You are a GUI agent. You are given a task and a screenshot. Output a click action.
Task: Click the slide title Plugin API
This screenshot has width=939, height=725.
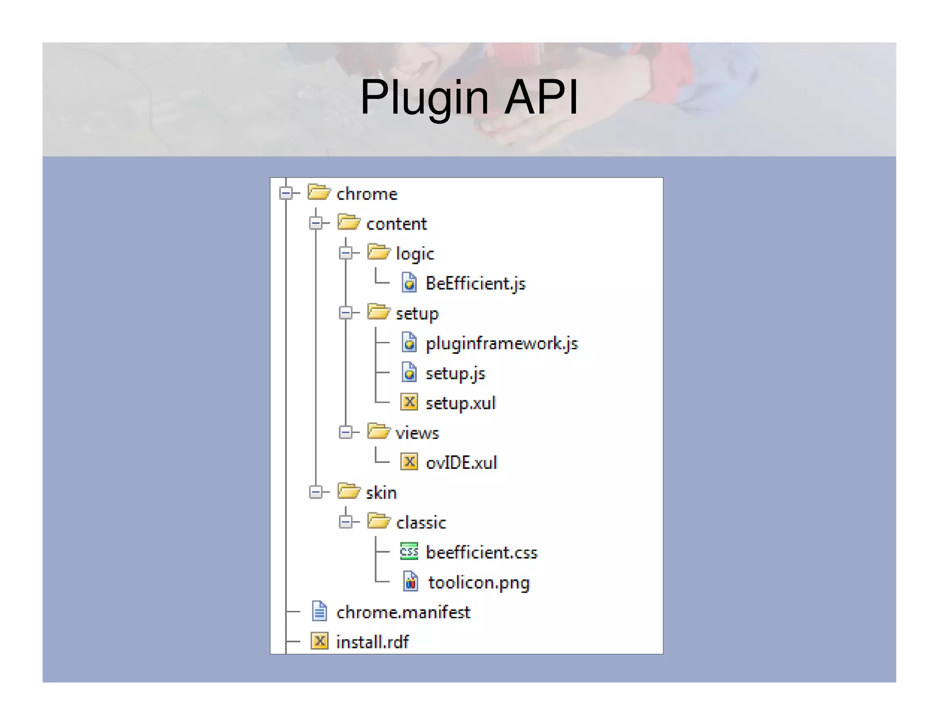[469, 98]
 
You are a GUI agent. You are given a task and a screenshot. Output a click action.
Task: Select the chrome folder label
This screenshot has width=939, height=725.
[367, 194]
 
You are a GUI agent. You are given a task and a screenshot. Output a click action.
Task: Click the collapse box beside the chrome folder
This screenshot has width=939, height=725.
[286, 193]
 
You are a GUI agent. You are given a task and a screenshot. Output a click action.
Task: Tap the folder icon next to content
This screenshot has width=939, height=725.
[349, 222]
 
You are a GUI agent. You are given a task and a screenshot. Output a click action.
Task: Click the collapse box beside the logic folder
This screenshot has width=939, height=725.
[346, 253]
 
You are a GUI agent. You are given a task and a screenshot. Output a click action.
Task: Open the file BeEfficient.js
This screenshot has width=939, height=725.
[475, 283]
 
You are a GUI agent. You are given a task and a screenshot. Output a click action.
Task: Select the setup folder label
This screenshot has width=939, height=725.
[417, 313]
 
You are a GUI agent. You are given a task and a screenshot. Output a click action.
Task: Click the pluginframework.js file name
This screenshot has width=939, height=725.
[502, 343]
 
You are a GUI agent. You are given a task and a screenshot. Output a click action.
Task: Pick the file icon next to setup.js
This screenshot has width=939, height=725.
[409, 372]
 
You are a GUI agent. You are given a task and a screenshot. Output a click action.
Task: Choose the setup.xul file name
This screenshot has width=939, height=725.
[460, 403]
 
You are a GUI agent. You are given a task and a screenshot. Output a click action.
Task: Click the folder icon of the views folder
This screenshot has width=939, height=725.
[379, 432]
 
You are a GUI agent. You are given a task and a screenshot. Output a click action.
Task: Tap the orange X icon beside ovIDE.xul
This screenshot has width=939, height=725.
[409, 461]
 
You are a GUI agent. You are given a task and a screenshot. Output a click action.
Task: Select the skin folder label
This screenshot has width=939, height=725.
[381, 493]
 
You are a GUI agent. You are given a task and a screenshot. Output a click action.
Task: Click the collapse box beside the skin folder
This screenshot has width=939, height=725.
[316, 492]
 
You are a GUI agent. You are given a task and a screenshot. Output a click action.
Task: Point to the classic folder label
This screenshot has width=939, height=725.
[420, 522]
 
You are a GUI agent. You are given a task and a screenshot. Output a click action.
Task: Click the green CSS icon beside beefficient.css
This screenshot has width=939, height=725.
[409, 551]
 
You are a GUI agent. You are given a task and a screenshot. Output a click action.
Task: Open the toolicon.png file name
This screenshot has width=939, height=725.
[479, 582]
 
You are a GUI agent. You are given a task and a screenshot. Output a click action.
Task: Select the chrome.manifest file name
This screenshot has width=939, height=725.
[403, 612]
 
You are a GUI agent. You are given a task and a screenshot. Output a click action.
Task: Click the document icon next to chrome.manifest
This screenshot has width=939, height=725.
[320, 611]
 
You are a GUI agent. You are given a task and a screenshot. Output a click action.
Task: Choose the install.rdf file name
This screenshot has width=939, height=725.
[372, 642]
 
